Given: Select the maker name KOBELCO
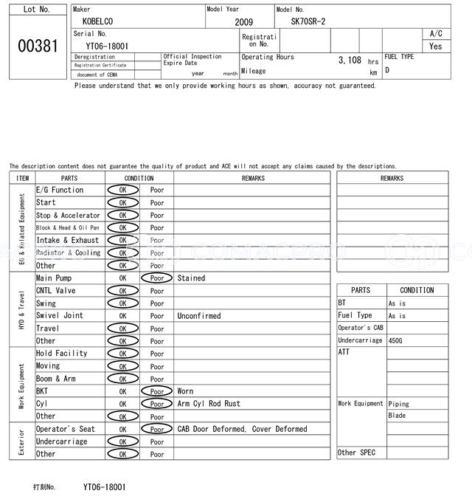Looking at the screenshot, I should coord(98,22).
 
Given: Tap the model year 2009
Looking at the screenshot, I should coord(243,22).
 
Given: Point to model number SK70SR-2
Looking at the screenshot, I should coord(308,22).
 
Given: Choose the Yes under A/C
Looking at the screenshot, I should coord(436,46).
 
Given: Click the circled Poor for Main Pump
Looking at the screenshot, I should coord(156,278).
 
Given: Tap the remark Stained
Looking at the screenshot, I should coord(191,278).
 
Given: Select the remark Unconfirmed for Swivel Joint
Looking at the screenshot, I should coord(198,316).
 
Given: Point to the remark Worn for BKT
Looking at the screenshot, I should coord(187,391).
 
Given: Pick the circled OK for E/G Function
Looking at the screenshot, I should coord(122,190).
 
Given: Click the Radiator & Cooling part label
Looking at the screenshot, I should coord(69,253).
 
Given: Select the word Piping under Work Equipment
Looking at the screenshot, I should coord(398,404).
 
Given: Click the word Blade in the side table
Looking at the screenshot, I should coord(397,416).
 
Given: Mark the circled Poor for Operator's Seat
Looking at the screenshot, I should coord(156,429).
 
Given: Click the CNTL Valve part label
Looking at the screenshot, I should coord(55,291).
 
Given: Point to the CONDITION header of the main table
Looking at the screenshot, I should coord(139,178).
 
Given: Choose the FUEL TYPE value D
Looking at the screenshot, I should coord(387,70).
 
